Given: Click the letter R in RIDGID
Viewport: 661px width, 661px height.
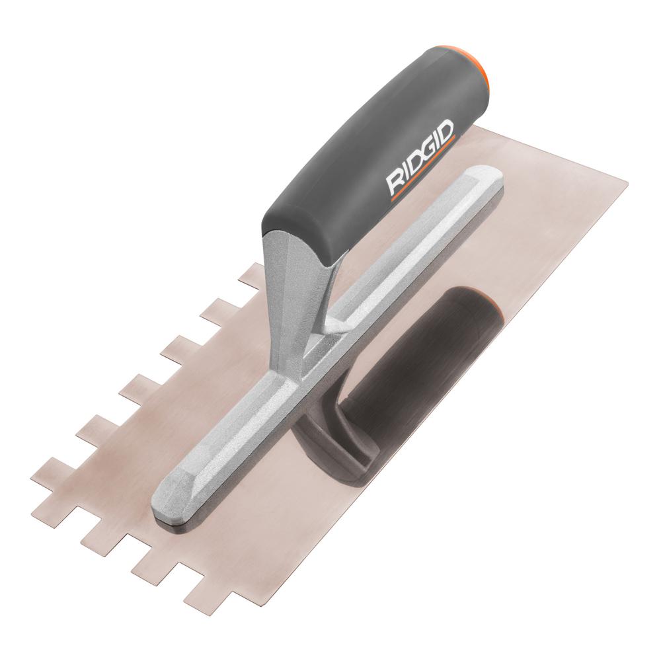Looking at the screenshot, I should [395, 181].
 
